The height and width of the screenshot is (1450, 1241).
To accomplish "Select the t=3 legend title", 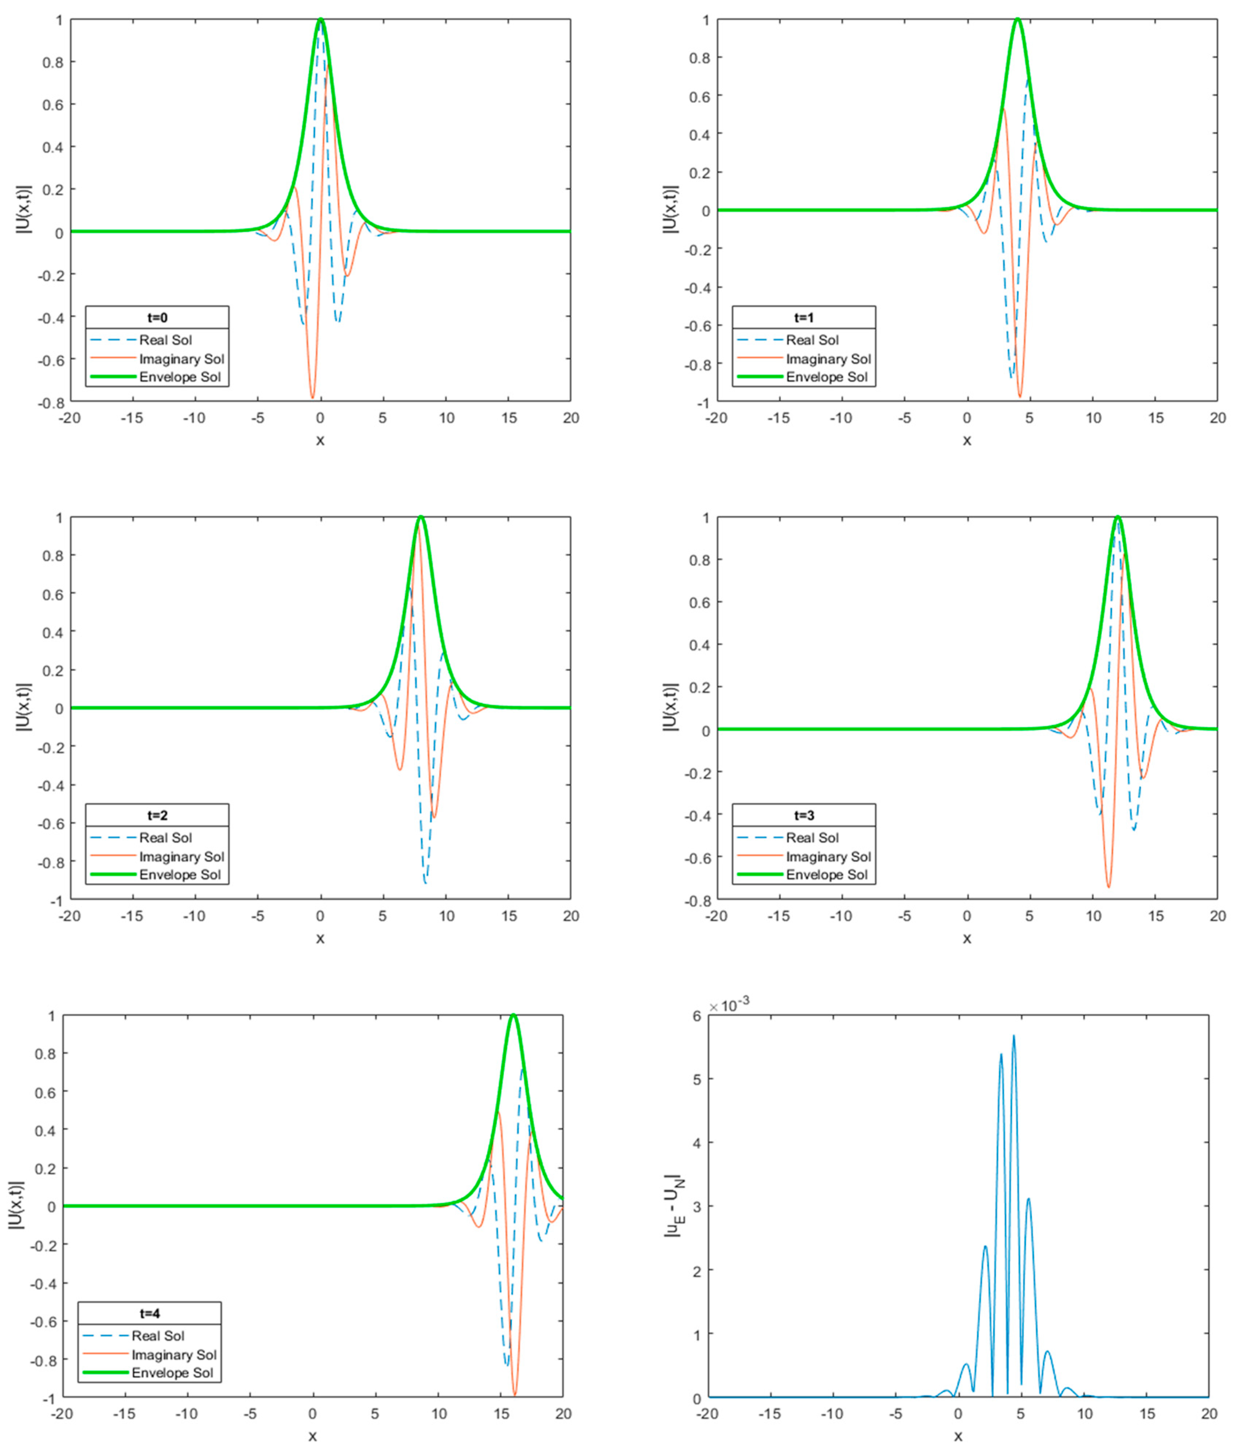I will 804,815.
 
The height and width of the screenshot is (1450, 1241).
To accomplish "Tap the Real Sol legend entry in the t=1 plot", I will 811,340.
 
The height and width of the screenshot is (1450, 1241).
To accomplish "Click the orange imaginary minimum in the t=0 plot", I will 313,397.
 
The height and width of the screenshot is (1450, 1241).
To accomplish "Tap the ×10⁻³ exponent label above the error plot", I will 730,1006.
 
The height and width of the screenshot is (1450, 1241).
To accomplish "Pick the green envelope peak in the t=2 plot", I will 421,517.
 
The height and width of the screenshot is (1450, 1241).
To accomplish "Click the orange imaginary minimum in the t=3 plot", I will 1108,887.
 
